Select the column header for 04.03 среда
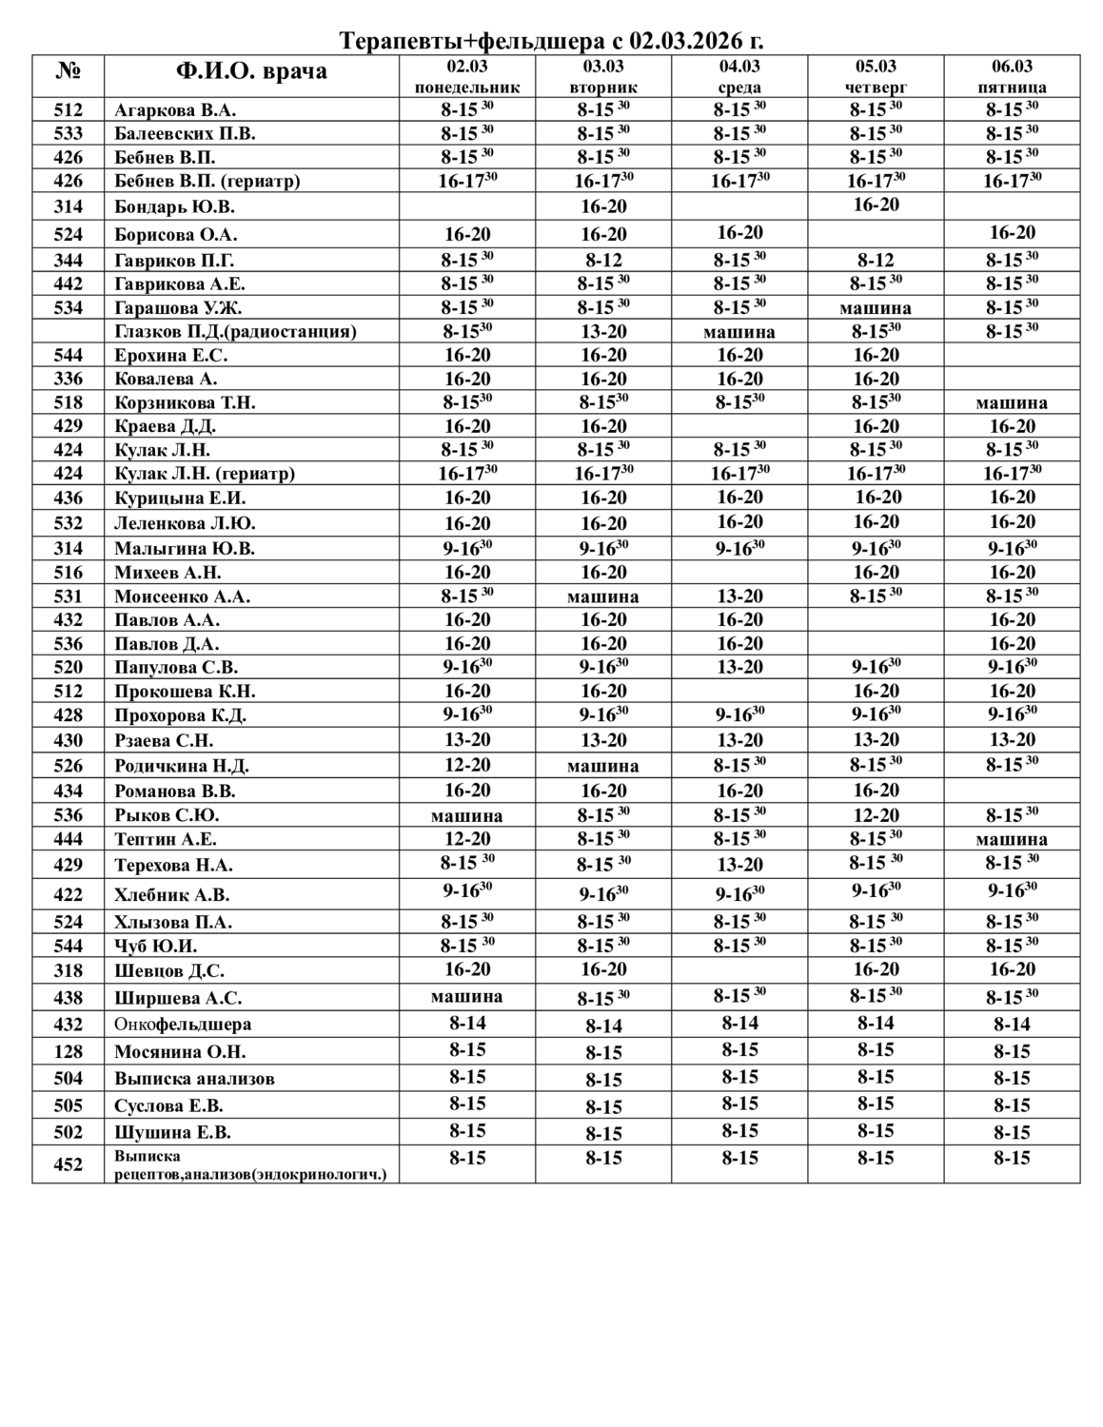(739, 76)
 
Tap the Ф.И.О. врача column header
(251, 71)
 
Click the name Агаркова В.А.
(175, 110)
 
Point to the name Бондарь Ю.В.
(174, 206)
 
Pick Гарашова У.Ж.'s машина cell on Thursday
(876, 307)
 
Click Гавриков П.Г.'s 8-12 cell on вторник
(603, 260)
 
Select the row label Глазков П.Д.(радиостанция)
(235, 331)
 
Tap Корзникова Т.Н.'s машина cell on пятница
(1012, 402)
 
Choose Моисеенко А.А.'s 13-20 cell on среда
(739, 596)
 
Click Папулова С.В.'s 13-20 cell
(739, 667)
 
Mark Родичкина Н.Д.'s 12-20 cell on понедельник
(467, 765)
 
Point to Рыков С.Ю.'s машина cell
(467, 815)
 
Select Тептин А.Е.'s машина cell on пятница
(1012, 839)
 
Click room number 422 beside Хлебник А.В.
(69, 894)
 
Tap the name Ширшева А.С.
(178, 998)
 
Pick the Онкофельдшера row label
(183, 1025)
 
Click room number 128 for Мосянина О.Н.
(69, 1051)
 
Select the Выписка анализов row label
(194, 1078)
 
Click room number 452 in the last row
(69, 1164)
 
